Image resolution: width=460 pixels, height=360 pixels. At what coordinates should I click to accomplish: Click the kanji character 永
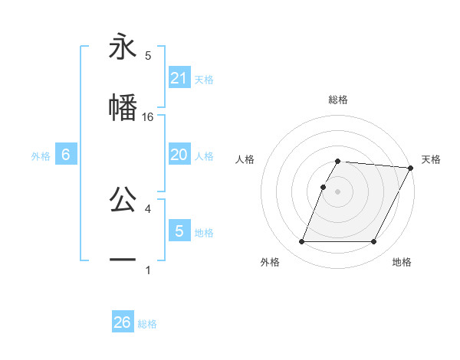123,47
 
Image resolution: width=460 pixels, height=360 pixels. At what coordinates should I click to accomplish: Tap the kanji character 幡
123,107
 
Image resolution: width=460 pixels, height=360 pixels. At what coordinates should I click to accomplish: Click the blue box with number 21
179,77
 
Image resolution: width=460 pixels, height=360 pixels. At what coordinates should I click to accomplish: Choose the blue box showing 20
179,155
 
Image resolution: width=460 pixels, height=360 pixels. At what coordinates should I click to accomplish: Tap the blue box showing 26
123,322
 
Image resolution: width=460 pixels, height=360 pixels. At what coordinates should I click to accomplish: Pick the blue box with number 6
66,155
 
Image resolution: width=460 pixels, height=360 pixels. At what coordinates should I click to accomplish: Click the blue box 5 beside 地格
179,231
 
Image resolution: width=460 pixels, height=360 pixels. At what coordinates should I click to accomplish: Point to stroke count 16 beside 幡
149,116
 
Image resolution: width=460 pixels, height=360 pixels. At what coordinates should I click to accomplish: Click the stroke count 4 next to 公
148,208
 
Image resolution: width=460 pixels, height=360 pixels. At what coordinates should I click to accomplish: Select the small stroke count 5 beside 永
148,55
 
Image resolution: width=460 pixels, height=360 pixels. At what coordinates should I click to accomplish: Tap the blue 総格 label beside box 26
147,324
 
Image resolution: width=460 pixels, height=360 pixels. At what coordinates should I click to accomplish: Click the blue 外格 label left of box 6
41,156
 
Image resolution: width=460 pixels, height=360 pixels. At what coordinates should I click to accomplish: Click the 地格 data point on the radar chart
373,242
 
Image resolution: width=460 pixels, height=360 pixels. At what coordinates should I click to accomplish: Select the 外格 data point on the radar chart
301,242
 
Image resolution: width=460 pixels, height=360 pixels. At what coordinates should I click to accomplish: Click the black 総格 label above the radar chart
337,100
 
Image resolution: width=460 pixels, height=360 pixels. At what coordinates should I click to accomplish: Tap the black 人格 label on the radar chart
245,159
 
